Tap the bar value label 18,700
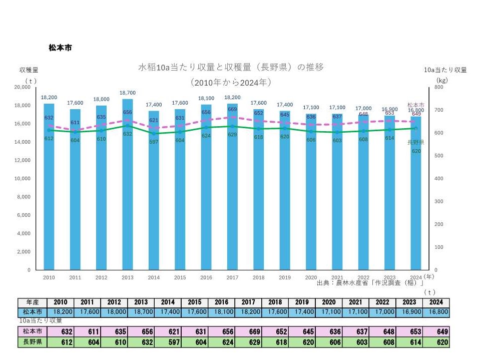pyautogui.click(x=127, y=93)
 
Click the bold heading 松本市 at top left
pyautogui.click(x=60, y=48)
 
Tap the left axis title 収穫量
pyautogui.click(x=29, y=70)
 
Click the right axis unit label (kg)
pyautogui.click(x=441, y=80)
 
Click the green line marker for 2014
pyautogui.click(x=153, y=134)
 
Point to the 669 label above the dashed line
pyautogui.click(x=232, y=109)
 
